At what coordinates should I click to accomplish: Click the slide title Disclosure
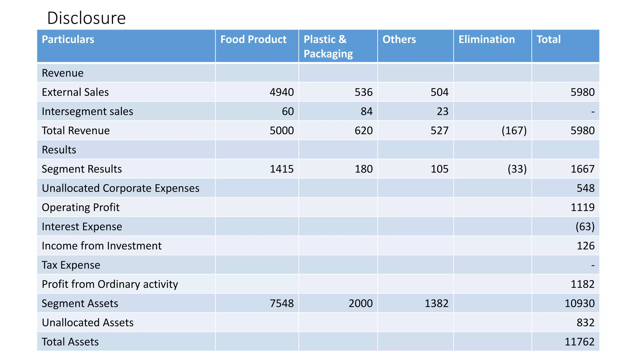[86, 18]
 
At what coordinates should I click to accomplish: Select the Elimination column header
[486, 39]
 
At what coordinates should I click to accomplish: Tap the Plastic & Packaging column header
[328, 47]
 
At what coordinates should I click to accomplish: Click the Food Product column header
[253, 39]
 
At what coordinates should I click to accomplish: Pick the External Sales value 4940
[282, 92]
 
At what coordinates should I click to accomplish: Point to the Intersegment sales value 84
[367, 111]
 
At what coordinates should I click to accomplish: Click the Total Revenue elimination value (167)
[514, 130]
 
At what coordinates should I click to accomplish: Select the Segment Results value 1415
[282, 169]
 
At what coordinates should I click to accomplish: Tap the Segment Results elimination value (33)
[517, 169]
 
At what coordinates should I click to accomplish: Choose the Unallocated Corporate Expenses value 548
[585, 188]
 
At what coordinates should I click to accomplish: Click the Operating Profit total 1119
[582, 207]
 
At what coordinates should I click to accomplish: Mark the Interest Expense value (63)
[585, 227]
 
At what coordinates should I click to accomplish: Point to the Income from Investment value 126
[585, 246]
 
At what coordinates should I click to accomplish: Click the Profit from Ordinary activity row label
[110, 284]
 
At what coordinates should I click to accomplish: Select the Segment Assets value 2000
[361, 303]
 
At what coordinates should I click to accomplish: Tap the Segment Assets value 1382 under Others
[436, 303]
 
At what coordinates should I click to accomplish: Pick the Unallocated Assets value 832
[585, 322]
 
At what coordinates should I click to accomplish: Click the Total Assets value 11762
[579, 342]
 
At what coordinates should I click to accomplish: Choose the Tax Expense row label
[71, 265]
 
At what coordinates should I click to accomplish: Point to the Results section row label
[59, 150]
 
